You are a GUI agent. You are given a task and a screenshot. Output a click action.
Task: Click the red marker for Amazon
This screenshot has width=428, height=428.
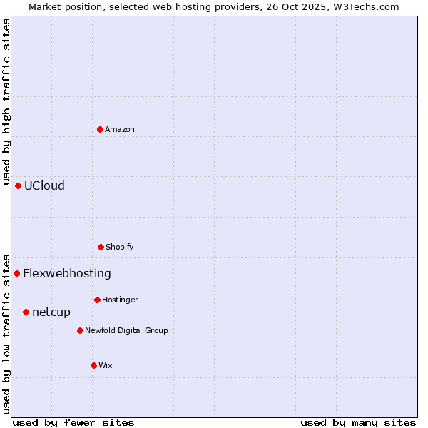point(101,129)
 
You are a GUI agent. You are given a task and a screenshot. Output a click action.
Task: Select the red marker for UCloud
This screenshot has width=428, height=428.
point(19,185)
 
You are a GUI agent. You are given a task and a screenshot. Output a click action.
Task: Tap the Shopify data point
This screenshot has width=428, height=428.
point(101,247)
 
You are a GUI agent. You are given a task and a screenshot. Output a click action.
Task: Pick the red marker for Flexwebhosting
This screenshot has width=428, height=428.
point(17,273)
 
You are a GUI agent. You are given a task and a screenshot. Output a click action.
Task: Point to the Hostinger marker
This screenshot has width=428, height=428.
point(97,300)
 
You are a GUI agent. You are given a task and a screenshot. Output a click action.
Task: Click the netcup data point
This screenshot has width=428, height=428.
point(26,312)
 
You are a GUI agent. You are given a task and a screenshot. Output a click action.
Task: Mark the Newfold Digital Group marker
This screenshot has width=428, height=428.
point(81,330)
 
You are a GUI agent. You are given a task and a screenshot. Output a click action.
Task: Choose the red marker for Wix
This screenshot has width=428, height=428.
point(93,365)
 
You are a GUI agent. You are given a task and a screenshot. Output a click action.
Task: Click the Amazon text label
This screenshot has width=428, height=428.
point(120,129)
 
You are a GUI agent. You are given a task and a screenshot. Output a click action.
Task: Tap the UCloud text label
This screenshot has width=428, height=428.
point(44,185)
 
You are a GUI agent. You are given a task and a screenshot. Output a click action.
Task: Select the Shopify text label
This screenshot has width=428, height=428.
point(120,247)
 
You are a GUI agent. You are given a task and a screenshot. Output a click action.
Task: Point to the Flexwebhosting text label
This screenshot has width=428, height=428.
point(67,273)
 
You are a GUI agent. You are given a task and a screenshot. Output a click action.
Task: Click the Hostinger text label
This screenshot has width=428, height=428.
point(120,300)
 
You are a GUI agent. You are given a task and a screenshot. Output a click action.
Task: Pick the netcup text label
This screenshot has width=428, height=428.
point(51,312)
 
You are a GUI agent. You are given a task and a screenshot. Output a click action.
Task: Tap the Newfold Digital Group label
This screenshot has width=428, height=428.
point(126,330)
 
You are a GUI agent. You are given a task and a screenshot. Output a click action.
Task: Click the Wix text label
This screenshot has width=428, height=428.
point(106,365)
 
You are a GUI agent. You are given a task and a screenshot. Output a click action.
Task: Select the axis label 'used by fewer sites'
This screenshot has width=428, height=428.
point(73,423)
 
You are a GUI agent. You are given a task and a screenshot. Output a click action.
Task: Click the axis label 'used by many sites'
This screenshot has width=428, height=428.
point(358,423)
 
